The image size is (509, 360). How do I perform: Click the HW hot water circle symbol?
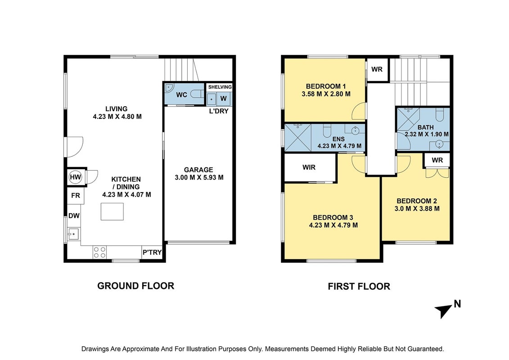point(76,177)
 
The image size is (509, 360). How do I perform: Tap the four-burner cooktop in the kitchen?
point(99,252)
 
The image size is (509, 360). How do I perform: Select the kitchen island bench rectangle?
point(112,211)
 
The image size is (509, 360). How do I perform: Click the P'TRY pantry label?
point(152,252)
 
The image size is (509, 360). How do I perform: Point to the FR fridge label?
point(75,196)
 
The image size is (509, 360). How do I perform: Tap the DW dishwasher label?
point(74,216)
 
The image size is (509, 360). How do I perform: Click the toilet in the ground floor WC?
point(196,94)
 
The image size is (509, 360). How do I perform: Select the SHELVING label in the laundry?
point(220,87)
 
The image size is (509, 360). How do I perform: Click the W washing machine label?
point(224,99)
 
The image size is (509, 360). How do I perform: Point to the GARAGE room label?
point(198,170)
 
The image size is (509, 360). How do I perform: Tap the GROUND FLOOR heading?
point(136,286)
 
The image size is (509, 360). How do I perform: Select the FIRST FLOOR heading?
point(359,286)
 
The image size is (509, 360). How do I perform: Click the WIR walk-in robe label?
point(309,167)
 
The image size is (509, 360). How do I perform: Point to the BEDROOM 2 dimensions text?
point(417,209)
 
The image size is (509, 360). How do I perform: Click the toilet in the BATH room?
point(440,114)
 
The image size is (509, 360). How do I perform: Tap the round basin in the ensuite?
point(356,131)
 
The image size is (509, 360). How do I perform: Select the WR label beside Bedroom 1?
point(377,69)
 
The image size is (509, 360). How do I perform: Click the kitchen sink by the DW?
point(73,234)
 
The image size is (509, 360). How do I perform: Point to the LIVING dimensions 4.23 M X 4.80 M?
point(117,117)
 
